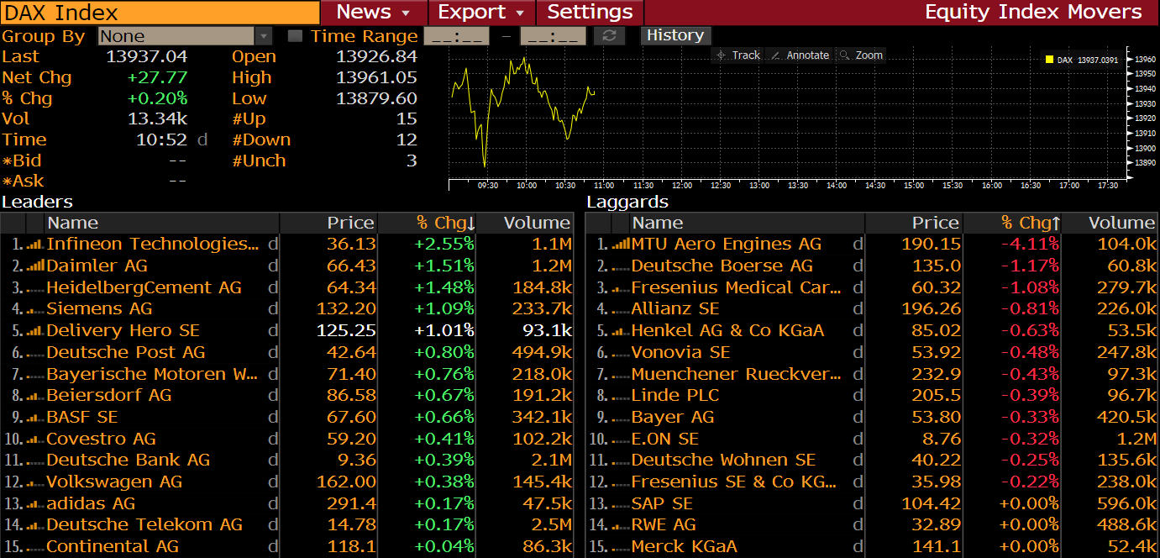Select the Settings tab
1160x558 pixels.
point(590,13)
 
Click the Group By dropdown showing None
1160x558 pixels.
point(185,36)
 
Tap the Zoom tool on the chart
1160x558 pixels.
point(862,55)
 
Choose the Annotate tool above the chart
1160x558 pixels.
point(800,55)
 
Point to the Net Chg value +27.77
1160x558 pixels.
point(157,77)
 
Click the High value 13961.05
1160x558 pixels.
point(376,77)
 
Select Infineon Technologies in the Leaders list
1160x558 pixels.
point(152,244)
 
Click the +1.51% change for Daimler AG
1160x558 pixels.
point(444,266)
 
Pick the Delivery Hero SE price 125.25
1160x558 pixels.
point(346,330)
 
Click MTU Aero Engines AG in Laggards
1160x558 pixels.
point(726,244)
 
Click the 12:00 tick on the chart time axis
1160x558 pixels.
point(682,185)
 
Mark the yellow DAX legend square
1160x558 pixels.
point(1049,60)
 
